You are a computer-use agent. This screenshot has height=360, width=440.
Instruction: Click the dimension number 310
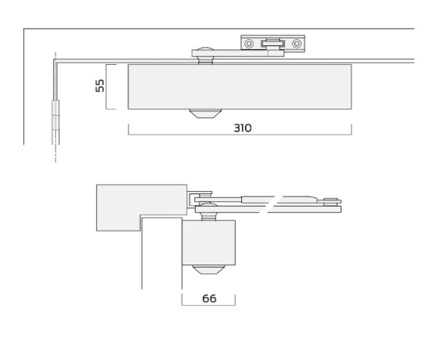coord(243,128)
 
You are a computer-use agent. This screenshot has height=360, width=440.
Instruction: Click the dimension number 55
coord(100,85)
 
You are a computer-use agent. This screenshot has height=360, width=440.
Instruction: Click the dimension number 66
coord(208,299)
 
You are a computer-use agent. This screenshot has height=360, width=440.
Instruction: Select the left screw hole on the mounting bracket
coord(249,44)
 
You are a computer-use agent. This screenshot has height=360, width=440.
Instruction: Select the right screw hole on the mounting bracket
coord(297,44)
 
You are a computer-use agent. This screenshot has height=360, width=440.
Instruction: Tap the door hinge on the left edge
coord(56,115)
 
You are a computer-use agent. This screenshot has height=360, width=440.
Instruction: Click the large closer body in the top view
coord(240,86)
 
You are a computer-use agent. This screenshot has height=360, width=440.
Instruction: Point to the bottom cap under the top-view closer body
coord(204,113)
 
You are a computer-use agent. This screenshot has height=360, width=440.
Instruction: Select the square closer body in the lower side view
coord(208,243)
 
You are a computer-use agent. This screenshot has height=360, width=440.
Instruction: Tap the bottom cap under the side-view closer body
coord(208,269)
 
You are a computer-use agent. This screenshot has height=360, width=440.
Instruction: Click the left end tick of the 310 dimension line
coord(128,129)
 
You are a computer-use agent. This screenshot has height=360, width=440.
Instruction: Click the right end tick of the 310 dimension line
coord(352,129)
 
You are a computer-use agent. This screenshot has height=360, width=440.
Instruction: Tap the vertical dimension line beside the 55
coord(106,86)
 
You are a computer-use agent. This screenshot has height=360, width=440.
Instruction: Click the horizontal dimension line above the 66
coord(208,305)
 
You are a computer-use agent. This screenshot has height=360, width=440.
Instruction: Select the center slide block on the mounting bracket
coord(272,44)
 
